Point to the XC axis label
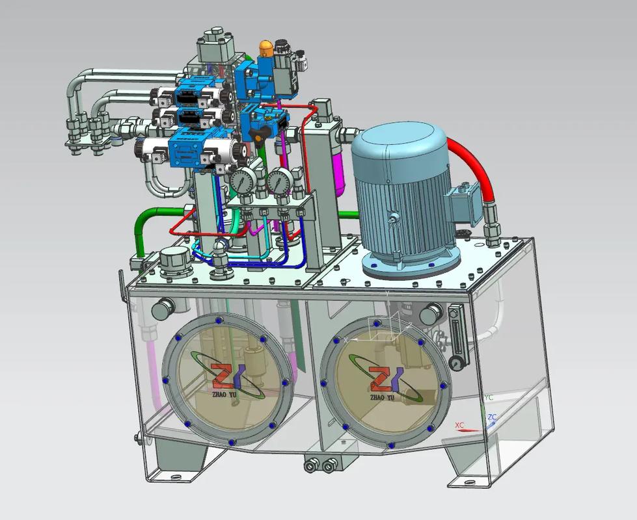click(x=459, y=425)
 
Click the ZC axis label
click(x=492, y=417)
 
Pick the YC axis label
click(x=489, y=397)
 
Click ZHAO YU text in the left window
click(x=223, y=394)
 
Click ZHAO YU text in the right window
click(x=383, y=398)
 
